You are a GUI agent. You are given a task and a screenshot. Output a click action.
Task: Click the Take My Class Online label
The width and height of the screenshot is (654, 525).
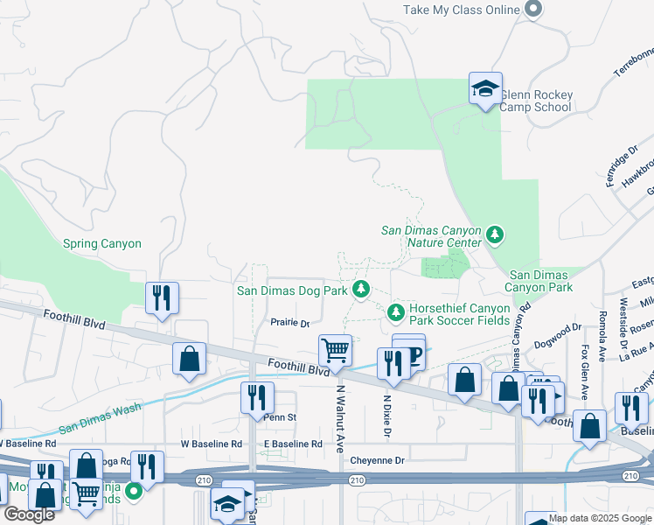click(x=462, y=10)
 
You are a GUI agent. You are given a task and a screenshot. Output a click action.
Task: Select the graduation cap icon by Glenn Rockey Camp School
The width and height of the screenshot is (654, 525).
click(x=485, y=89)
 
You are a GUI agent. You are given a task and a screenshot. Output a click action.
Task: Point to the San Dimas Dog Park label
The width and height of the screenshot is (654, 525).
click(x=292, y=290)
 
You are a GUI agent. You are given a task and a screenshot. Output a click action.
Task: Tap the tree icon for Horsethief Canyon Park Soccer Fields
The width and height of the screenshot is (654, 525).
click(x=395, y=311)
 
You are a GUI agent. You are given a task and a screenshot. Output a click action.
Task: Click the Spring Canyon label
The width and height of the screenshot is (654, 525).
click(x=101, y=244)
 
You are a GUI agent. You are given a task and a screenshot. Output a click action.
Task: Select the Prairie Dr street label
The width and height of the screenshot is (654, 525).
click(x=289, y=324)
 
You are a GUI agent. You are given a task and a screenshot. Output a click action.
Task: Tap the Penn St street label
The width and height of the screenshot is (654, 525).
click(x=282, y=417)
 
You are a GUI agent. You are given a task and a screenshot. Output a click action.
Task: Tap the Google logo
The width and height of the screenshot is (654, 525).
click(x=30, y=514)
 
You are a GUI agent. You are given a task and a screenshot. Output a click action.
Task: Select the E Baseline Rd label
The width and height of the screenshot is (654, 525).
click(x=293, y=444)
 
